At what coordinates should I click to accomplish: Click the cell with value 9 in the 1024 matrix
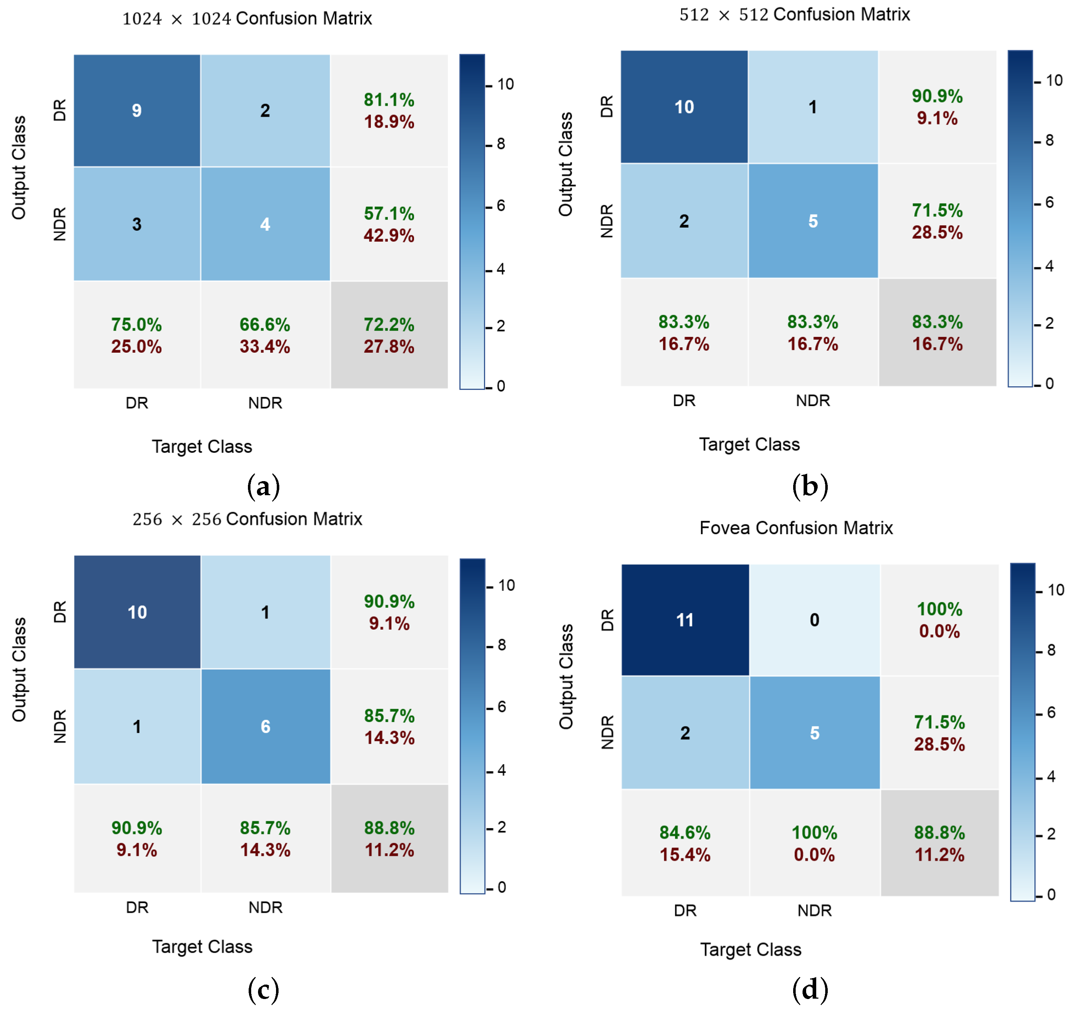(137, 111)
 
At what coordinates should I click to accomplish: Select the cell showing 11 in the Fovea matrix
(685, 620)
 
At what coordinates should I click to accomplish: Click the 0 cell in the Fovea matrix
(814, 620)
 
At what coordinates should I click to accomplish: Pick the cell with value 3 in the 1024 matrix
(137, 224)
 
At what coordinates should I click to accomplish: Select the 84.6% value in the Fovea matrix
(685, 832)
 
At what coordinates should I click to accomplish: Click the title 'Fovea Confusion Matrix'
(796, 528)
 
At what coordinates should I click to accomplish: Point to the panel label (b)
(810, 486)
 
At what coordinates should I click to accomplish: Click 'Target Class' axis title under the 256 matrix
(202, 947)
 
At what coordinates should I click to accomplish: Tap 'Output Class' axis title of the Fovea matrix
(565, 677)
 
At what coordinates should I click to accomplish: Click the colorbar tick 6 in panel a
(501, 206)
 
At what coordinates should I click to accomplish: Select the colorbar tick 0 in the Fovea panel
(1050, 895)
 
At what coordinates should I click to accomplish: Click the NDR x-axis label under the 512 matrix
(813, 401)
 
